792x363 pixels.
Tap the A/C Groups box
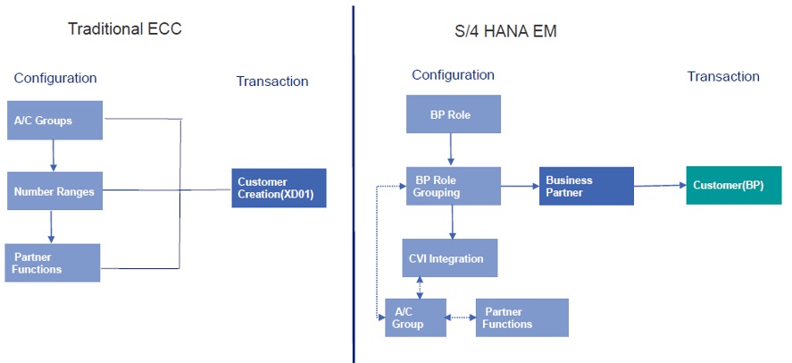coord(54,120)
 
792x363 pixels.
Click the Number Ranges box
coord(54,190)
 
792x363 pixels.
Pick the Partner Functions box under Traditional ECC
coord(52,262)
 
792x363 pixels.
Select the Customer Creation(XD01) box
coord(279,188)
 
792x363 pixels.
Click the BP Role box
coord(453,114)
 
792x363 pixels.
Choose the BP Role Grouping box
coord(453,186)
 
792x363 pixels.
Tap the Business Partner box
coord(586,186)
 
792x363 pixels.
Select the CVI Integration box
coord(449,258)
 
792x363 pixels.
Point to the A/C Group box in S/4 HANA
coord(416,318)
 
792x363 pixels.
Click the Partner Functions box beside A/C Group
coord(521,317)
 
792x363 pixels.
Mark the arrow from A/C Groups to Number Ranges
coord(54,156)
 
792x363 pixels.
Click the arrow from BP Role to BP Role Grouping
coord(453,150)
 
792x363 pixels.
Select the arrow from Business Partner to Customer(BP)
coord(659,186)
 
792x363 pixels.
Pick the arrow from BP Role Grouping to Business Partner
coord(520,186)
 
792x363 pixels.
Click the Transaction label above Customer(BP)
coord(723,77)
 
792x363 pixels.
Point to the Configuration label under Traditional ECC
coord(55,78)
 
